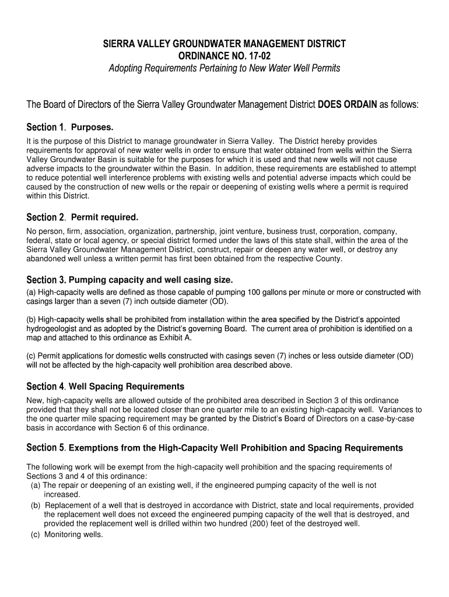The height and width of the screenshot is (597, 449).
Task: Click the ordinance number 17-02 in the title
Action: coord(258,56)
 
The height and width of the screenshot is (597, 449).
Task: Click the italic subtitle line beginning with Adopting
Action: coord(224,69)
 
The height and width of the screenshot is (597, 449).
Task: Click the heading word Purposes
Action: coord(92,127)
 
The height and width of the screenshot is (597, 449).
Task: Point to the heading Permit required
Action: coord(104,217)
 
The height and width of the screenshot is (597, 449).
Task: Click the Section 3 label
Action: coord(46,280)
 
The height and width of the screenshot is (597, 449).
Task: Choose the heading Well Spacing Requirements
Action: coord(127,387)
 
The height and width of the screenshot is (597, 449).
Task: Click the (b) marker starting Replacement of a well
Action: coord(36,505)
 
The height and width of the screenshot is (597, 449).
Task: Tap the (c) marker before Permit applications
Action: coord(32,356)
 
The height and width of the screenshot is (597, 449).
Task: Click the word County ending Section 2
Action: coord(330,259)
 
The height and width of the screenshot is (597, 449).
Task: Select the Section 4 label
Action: coord(46,387)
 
